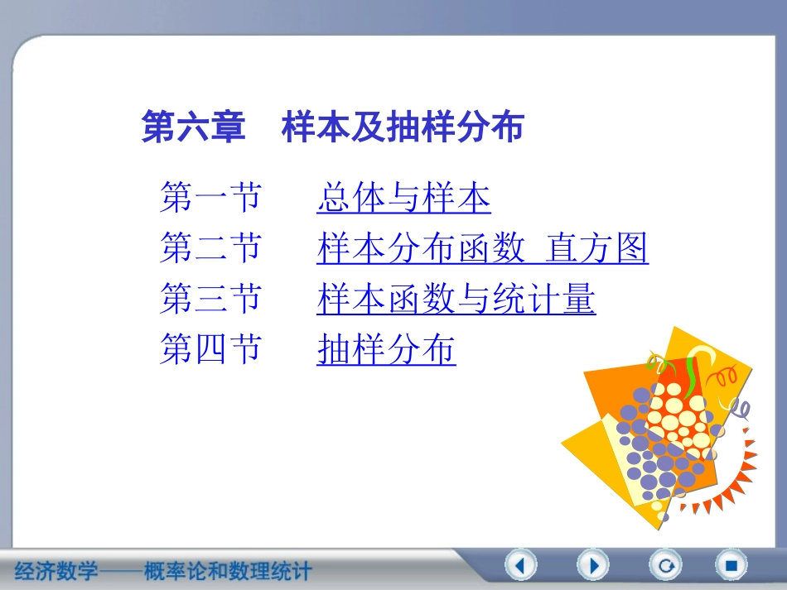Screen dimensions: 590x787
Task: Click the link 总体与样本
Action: (403, 199)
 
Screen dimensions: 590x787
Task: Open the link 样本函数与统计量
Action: (456, 299)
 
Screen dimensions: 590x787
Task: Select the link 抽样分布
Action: (386, 350)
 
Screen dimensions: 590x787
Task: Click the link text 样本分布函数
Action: (421, 248)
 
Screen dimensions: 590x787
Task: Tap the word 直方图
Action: (597, 248)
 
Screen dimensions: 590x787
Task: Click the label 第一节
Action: (210, 199)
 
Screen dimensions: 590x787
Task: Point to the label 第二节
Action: (210, 248)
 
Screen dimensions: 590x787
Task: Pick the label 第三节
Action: (210, 299)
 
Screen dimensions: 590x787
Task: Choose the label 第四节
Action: (210, 350)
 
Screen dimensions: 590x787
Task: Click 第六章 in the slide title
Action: (194, 128)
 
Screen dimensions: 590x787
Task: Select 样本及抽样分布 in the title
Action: (403, 128)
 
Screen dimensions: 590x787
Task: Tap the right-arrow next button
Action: (593, 566)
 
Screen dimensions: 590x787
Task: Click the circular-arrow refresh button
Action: (664, 566)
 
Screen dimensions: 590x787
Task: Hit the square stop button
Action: (731, 566)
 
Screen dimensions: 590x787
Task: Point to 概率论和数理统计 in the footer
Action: (228, 571)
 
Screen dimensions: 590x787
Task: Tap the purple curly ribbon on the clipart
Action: (737, 405)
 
